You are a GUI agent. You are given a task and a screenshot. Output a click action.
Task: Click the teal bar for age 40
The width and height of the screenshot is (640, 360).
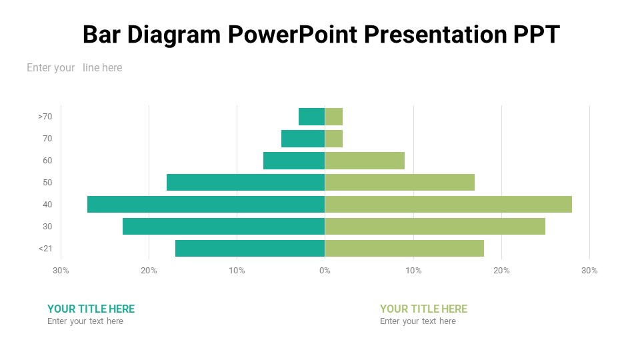(x=206, y=204)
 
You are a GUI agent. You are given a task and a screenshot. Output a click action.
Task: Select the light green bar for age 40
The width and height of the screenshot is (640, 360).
(x=448, y=204)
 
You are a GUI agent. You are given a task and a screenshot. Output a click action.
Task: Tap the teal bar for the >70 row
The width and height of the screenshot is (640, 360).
(x=311, y=117)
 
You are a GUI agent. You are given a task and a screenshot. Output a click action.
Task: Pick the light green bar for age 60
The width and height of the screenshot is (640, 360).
(x=365, y=161)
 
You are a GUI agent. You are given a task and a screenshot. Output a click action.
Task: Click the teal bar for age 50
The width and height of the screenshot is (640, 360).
(x=245, y=182)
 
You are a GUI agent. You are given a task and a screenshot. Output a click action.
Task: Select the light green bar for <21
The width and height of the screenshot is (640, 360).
(x=404, y=248)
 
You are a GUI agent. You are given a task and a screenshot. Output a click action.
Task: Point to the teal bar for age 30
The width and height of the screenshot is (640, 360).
(x=223, y=226)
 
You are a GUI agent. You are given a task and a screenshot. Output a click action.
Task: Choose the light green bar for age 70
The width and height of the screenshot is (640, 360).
(x=333, y=139)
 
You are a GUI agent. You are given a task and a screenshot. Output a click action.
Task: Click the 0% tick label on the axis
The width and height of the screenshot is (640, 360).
(x=325, y=271)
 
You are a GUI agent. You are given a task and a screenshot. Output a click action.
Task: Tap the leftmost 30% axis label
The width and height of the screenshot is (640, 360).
(x=61, y=271)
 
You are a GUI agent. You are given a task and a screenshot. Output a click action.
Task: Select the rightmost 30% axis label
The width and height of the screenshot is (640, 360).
(x=589, y=271)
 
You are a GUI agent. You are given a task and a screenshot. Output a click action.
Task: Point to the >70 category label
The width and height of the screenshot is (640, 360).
(x=45, y=117)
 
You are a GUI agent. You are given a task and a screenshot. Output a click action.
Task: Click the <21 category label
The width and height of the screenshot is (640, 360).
(x=45, y=249)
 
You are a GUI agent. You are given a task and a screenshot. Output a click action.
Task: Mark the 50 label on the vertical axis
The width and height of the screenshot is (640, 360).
(x=47, y=183)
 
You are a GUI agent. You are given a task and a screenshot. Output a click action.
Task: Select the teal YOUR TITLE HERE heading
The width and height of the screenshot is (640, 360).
(x=91, y=309)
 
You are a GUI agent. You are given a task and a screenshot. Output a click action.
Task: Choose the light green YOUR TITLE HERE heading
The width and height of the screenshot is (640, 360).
(x=423, y=309)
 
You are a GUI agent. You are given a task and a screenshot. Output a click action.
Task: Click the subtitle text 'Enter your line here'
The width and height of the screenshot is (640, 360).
(x=74, y=67)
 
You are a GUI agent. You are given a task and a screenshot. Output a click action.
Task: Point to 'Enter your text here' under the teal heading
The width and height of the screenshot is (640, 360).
(x=85, y=321)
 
